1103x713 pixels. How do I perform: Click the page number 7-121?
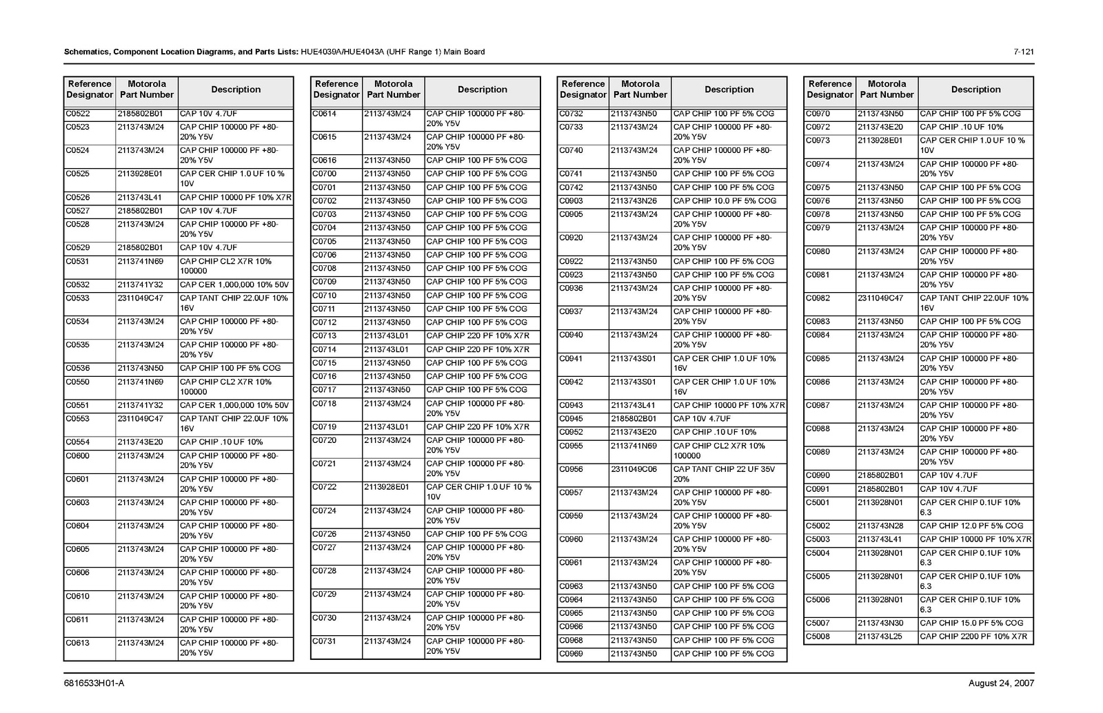point(1023,52)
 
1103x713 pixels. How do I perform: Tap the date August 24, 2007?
point(1001,683)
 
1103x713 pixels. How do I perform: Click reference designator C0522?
point(78,114)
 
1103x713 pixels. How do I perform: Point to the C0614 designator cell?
point(325,114)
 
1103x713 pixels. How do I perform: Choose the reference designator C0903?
point(571,201)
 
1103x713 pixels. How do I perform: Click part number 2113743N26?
point(634,201)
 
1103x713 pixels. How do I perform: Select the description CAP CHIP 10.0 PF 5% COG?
point(725,201)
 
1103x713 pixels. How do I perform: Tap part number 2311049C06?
point(634,469)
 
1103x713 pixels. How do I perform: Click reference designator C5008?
point(818,637)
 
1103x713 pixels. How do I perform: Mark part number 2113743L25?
point(880,637)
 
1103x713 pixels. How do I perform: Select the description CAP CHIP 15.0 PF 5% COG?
point(971,623)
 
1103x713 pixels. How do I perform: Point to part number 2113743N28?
point(880,526)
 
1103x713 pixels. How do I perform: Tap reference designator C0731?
point(325,641)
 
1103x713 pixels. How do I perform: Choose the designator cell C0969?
point(571,654)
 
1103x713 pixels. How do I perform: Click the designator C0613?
point(78,643)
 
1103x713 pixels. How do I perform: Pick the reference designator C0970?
point(818,114)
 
